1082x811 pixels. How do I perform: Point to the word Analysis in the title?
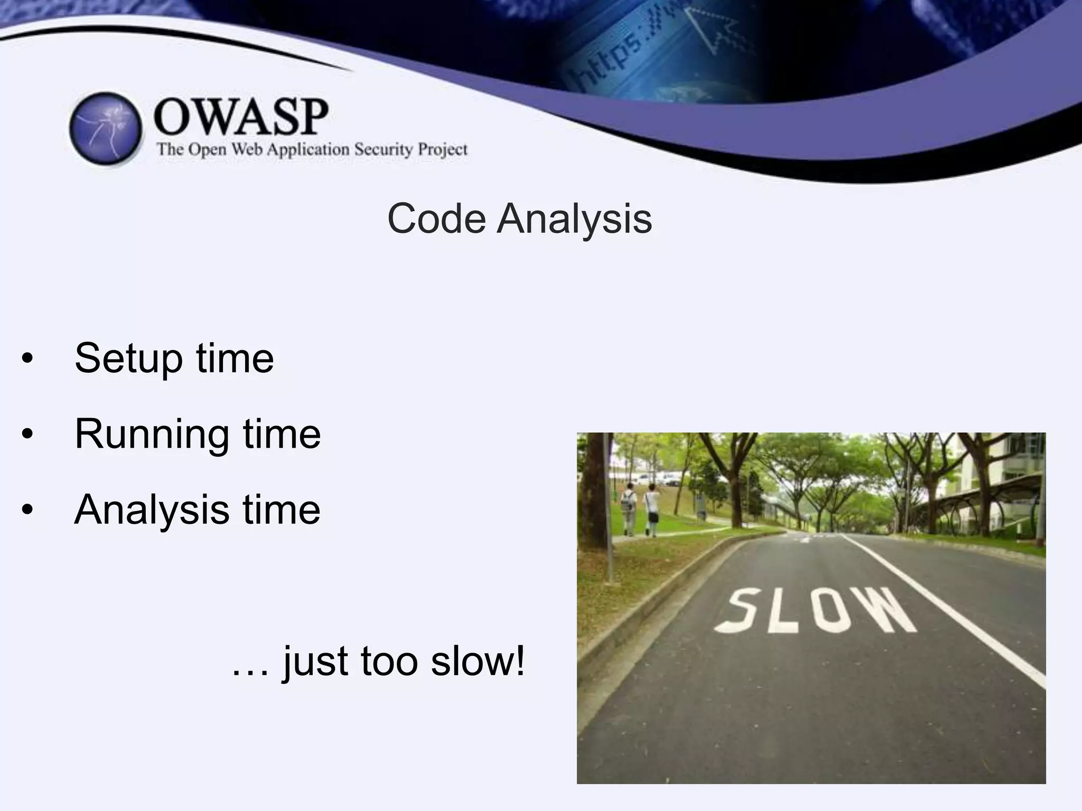coord(574,219)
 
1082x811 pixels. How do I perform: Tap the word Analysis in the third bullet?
coord(152,510)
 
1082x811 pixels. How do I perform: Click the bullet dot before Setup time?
coord(27,360)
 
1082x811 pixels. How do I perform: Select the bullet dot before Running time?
coord(27,435)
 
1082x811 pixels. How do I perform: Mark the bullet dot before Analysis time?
coord(27,511)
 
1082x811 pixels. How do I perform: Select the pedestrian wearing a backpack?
coord(629,507)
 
